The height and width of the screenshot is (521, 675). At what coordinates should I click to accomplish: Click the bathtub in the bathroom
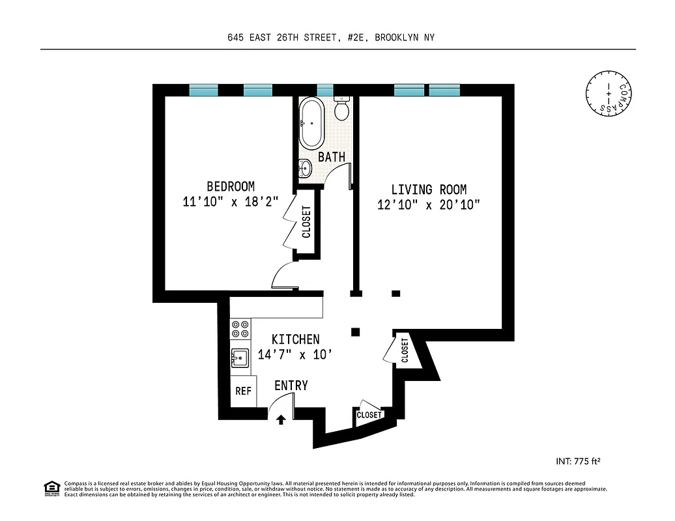point(311,123)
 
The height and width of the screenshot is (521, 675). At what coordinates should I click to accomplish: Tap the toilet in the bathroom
point(342,107)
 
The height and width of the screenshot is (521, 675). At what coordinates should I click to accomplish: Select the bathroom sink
point(304,169)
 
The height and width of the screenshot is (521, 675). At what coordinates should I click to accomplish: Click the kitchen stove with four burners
point(240,328)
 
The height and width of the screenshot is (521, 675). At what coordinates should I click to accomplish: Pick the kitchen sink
point(240,358)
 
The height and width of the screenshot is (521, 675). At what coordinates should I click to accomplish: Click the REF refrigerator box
point(243,391)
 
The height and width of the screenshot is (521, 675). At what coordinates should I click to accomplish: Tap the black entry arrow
point(281,420)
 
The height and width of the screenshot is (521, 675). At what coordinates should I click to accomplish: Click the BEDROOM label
point(231,186)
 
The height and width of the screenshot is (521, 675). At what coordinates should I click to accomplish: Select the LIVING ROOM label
point(429,190)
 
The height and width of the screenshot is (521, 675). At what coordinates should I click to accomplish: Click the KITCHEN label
point(295,339)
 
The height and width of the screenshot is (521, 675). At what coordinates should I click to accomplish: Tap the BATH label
point(331,157)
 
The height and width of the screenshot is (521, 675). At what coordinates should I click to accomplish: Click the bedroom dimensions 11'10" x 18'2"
point(231,202)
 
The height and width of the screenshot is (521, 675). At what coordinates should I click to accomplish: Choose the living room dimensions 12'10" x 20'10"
point(429,205)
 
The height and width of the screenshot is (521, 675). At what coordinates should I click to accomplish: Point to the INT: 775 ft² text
point(577,462)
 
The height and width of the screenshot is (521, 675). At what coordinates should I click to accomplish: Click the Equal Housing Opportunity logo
point(51,488)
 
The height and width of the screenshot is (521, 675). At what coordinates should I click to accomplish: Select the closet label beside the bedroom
point(306,222)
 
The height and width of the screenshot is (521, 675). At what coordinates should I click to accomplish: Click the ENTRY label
point(291,386)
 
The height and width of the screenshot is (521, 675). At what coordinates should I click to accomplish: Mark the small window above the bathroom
point(324,91)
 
